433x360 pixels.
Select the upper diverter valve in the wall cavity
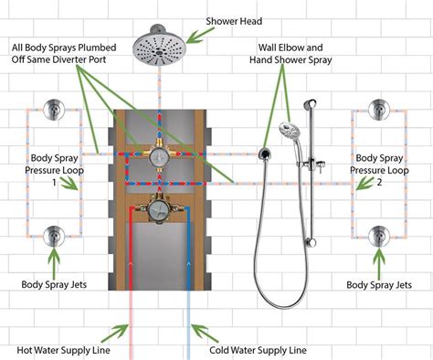[x=162, y=157]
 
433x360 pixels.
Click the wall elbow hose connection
[x=265, y=152]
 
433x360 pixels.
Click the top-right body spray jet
[x=377, y=111]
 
